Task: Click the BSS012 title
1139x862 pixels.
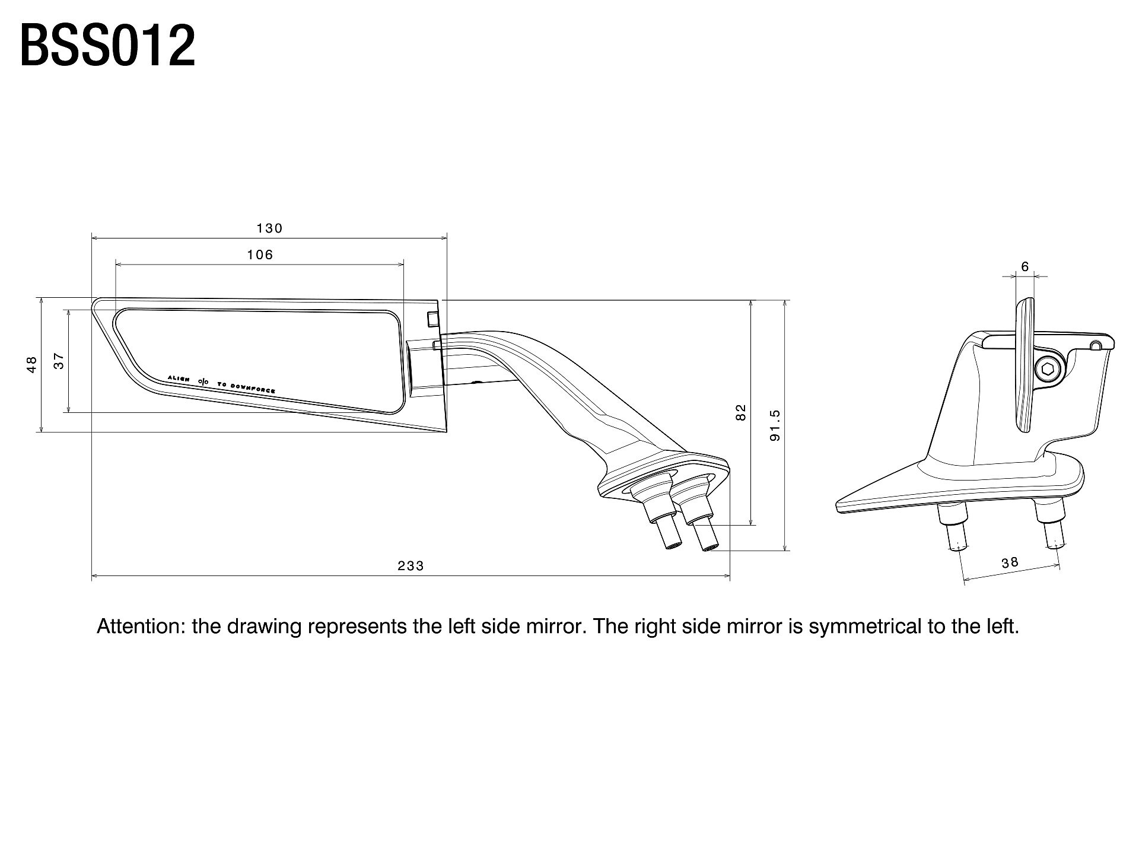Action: coord(107,46)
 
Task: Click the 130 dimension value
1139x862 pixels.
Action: coord(269,228)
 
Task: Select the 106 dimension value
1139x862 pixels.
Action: coord(260,255)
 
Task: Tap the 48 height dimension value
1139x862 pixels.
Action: coord(32,364)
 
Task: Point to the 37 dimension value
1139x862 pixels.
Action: coord(59,361)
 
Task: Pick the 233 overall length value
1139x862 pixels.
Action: coord(411,566)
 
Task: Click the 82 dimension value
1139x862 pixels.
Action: coord(740,412)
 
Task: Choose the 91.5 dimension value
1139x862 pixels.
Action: coord(775,425)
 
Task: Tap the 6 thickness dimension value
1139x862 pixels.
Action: coord(1025,267)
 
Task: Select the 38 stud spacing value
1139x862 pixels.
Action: coord(1010,562)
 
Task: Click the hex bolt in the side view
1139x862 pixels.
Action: coord(1049,370)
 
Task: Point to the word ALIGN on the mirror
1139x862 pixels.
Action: coord(179,378)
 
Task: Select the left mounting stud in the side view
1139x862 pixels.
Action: coord(954,526)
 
